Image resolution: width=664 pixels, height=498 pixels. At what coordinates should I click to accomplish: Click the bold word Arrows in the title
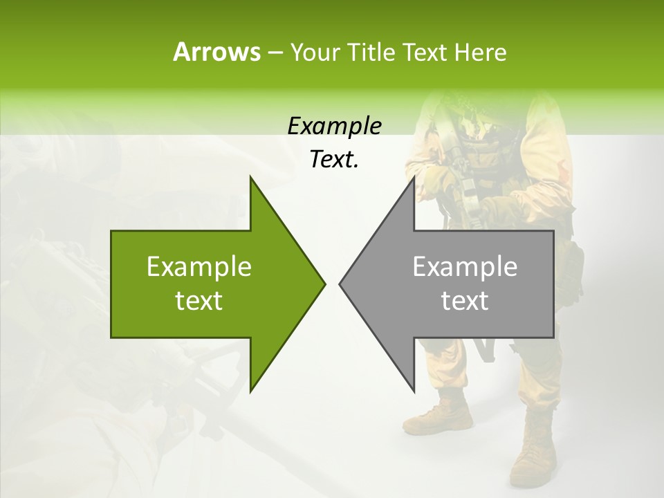[216, 52]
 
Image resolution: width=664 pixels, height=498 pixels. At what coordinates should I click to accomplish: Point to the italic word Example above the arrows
[334, 127]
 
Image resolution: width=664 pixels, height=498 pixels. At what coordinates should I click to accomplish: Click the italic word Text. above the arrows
[334, 160]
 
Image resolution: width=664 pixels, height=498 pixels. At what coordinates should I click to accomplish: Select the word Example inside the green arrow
[199, 267]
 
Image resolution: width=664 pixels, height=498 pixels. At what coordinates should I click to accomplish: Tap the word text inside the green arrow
[199, 301]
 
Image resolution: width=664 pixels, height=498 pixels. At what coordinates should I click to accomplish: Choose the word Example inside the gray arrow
[465, 267]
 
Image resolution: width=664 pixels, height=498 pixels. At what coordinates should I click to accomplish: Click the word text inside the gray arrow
[465, 301]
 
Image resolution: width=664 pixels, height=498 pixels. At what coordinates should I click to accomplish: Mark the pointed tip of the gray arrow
[340, 284]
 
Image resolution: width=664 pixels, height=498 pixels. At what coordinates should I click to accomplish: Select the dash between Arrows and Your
[274, 53]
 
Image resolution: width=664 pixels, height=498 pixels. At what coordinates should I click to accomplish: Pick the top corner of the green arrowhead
[250, 178]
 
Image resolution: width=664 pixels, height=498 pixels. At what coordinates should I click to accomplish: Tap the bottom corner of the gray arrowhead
[414, 391]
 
